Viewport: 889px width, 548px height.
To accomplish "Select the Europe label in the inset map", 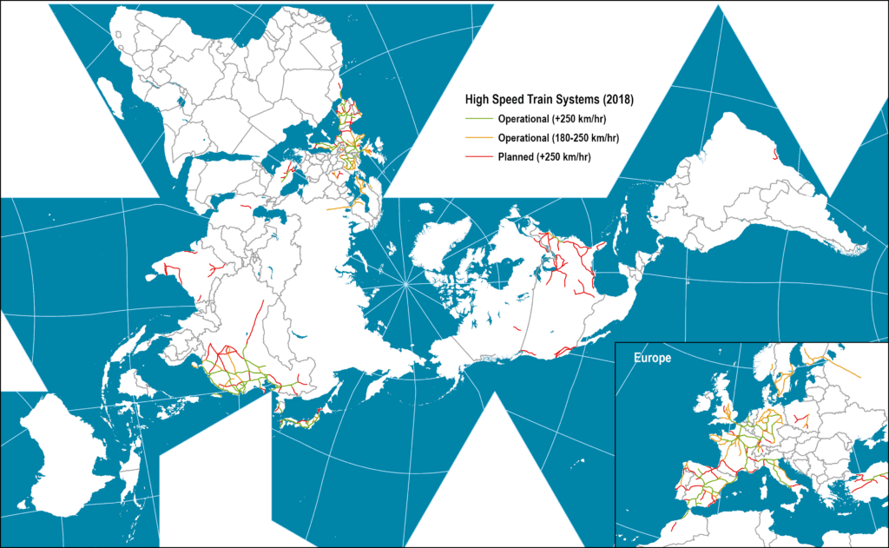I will (x=650, y=358).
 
